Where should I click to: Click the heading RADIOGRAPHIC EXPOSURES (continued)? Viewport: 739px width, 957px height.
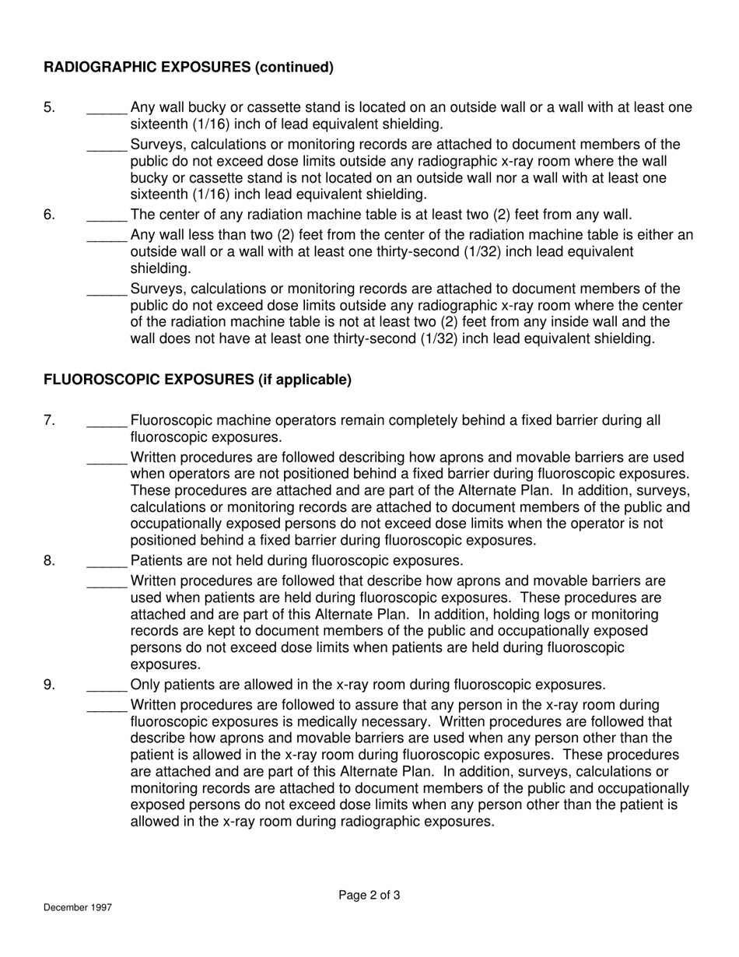[x=188, y=67]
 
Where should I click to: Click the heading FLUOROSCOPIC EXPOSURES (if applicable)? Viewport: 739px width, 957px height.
[x=198, y=380]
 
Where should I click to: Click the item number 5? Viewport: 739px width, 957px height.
[x=49, y=107]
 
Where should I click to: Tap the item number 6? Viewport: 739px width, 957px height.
[x=49, y=215]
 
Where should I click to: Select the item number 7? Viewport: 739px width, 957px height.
[x=49, y=420]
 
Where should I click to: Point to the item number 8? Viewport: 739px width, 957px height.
[x=49, y=560]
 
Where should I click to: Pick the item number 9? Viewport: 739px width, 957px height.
[x=49, y=685]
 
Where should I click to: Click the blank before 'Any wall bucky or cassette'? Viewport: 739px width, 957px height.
[x=107, y=110]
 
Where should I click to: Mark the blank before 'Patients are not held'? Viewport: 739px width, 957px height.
[x=107, y=563]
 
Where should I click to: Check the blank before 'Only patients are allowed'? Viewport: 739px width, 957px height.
[x=107, y=687]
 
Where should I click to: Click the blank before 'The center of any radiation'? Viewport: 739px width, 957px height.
[x=107, y=217]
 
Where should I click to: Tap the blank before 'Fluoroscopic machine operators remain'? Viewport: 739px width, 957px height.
[x=107, y=422]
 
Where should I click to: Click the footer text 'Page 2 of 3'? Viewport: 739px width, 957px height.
[x=369, y=896]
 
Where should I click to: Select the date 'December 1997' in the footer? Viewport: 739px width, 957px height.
[x=78, y=908]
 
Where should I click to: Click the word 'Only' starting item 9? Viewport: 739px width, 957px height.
[x=145, y=685]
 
